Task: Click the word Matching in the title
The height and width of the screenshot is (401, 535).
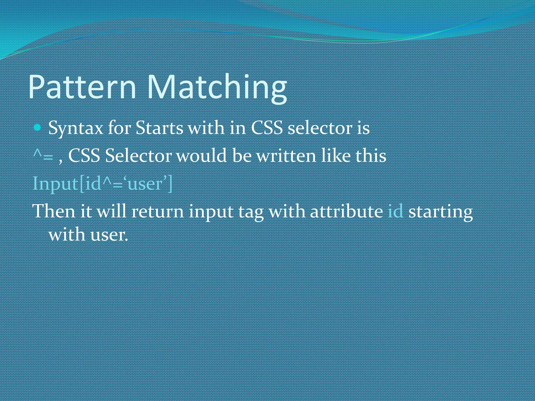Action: (x=217, y=87)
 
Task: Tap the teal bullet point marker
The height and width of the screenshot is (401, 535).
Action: (x=38, y=128)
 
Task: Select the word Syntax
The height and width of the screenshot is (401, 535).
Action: (x=76, y=129)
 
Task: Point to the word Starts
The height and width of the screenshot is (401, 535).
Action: (x=159, y=128)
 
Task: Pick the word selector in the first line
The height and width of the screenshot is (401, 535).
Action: (x=320, y=128)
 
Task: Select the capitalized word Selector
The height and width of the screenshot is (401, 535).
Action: (x=138, y=156)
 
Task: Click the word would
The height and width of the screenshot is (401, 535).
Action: (x=201, y=156)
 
